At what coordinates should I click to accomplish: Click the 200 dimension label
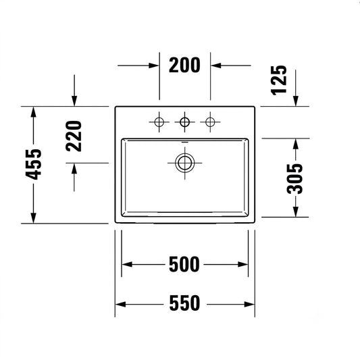pos(184,66)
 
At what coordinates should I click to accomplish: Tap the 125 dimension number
pos(279,80)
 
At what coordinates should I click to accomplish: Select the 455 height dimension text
pos(34,164)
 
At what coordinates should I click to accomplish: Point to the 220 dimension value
pos(74,136)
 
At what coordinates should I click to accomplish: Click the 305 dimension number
pos(295,178)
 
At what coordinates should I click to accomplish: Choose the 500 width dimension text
pos(184,265)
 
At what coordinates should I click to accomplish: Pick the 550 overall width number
pos(184,303)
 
